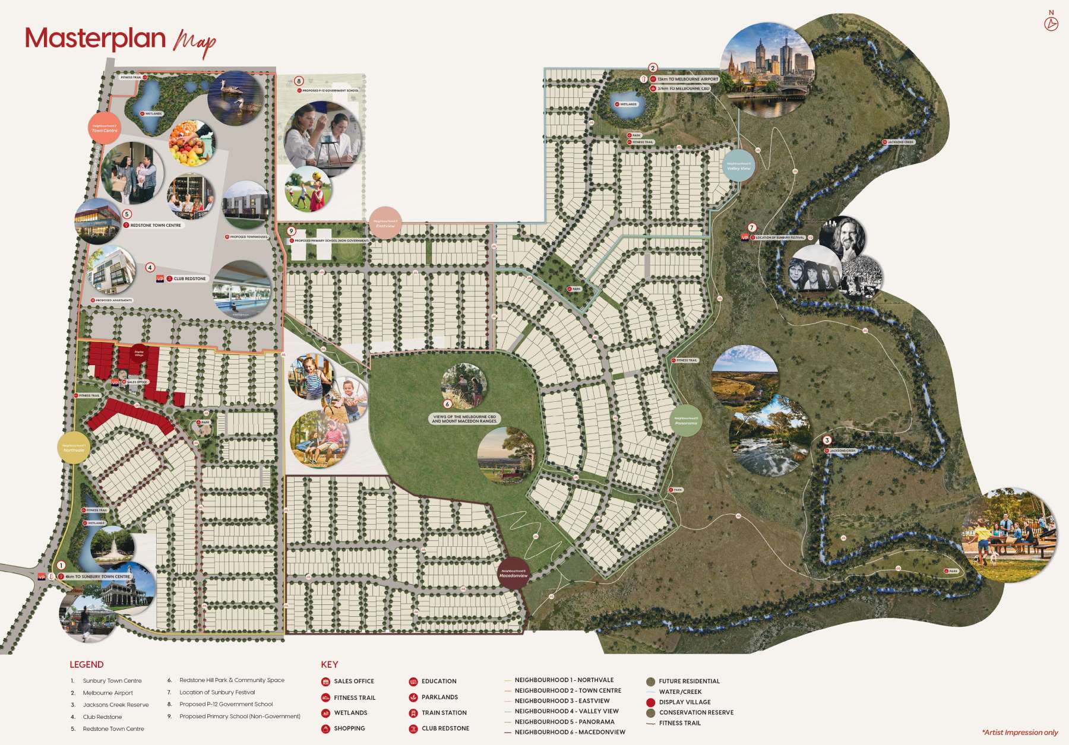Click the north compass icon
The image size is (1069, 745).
[1051, 24]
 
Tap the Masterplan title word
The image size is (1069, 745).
[95, 39]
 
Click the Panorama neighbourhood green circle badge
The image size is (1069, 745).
[686, 421]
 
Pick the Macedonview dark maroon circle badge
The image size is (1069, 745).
[513, 573]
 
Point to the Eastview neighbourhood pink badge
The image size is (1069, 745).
[385, 224]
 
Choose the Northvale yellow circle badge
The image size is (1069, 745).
[74, 448]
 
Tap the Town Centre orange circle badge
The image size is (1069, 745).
[105, 128]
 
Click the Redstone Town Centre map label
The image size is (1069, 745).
[155, 226]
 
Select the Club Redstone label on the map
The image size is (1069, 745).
[189, 278]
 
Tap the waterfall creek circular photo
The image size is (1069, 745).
[770, 436]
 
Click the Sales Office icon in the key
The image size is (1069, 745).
[325, 681]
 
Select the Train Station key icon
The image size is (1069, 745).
[413, 713]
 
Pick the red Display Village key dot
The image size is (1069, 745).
[651, 702]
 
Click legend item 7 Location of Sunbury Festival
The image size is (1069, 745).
[217, 692]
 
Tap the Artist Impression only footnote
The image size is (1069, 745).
[1020, 733]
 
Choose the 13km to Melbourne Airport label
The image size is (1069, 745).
[687, 79]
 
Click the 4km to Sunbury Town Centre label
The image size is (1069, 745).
[97, 576]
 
